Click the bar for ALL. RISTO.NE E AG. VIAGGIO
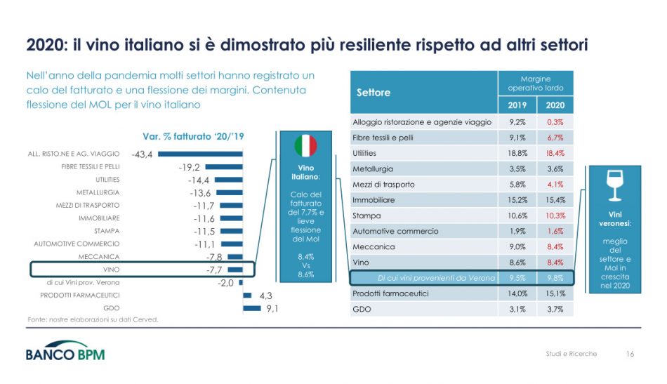pos(199,154)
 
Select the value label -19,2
pos(189,167)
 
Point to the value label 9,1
pos(274,307)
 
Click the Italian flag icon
pos(305,146)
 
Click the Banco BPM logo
pos(65,352)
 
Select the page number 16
pos(629,354)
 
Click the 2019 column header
pos(517,106)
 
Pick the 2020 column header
pos(555,106)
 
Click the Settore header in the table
pos(374,93)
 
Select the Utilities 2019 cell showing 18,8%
pos(517,153)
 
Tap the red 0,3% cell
pos(555,122)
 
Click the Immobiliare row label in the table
pos(373,200)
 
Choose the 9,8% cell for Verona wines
pos(555,278)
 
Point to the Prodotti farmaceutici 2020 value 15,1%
pos(555,293)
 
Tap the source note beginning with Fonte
pos(93,320)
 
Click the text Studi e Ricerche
pos(571,354)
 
